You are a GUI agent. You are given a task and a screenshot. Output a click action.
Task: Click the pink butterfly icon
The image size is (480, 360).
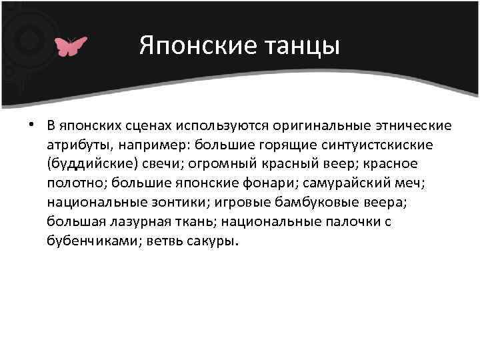click(x=71, y=46)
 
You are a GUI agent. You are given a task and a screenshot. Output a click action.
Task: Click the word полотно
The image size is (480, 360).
click(x=75, y=182)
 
